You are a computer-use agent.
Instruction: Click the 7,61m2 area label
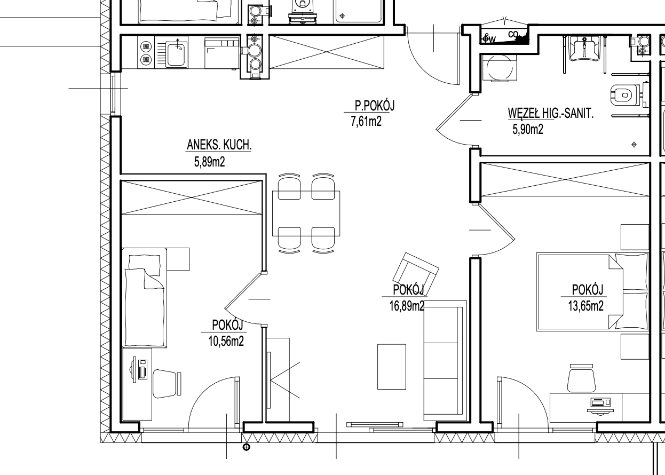click(366, 122)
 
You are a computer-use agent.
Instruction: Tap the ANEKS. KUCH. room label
click(219, 145)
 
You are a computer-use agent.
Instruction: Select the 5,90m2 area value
click(528, 130)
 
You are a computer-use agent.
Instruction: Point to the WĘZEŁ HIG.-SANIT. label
click(551, 113)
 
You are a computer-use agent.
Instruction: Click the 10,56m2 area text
click(226, 341)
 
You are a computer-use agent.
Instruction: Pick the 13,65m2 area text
click(585, 306)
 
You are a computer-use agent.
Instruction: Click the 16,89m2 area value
click(407, 306)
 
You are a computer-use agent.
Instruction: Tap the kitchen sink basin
click(177, 54)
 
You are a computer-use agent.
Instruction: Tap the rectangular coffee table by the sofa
click(392, 367)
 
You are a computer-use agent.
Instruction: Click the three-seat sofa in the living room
click(445, 361)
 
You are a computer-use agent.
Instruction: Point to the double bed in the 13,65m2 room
click(592, 292)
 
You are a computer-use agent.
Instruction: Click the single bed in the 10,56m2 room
click(144, 297)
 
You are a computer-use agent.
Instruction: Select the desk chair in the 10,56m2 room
click(167, 384)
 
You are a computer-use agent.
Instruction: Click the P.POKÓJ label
click(375, 106)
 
